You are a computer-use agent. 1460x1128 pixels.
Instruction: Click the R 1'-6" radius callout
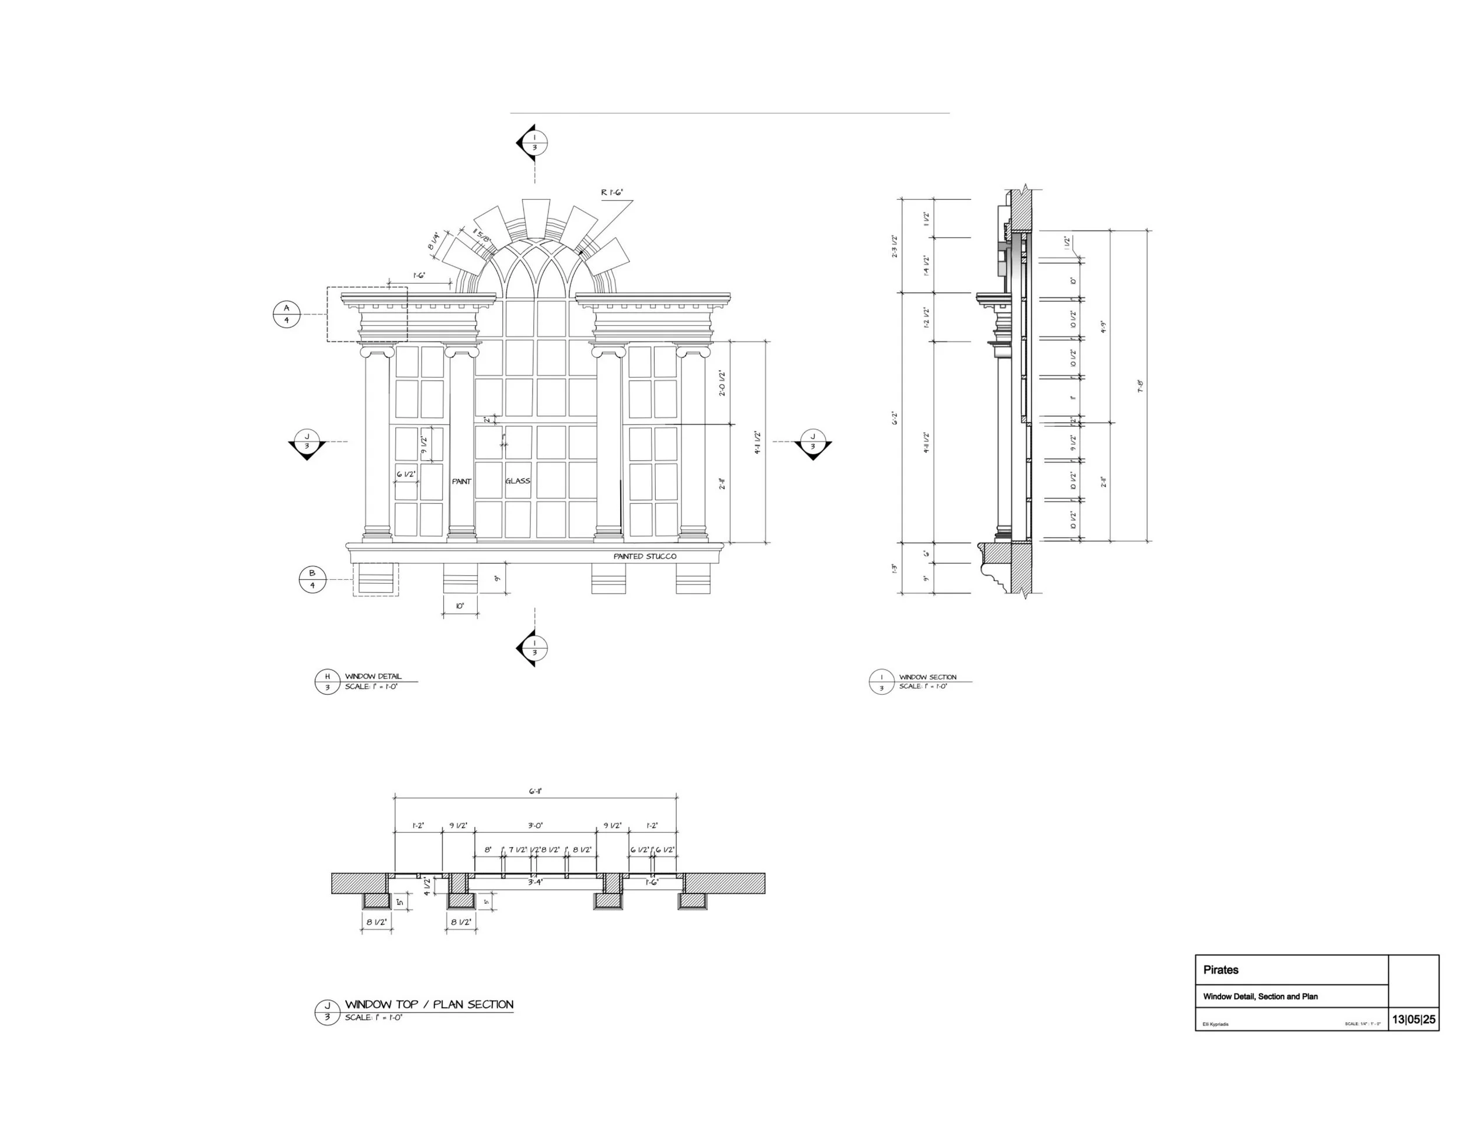tap(611, 193)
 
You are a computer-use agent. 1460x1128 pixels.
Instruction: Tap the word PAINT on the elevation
tap(461, 481)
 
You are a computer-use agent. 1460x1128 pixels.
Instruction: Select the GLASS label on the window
tap(517, 481)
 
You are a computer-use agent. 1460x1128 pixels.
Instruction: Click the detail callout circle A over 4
tap(287, 314)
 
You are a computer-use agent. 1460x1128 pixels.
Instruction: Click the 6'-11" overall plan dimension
tap(536, 791)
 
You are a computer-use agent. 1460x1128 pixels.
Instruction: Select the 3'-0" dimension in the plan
tap(535, 826)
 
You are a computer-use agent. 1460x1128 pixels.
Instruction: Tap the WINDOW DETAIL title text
tap(373, 676)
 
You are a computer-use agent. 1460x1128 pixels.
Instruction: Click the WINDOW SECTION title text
tap(927, 677)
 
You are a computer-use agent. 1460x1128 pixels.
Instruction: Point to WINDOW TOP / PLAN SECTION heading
tap(429, 1004)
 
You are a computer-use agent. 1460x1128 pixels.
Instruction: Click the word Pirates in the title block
tap(1221, 970)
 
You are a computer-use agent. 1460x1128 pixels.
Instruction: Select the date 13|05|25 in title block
tap(1414, 1020)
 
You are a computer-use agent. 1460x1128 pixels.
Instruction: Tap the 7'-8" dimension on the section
tap(1141, 387)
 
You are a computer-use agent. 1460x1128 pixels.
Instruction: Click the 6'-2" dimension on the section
tap(895, 418)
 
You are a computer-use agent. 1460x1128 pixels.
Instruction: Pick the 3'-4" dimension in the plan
tap(535, 882)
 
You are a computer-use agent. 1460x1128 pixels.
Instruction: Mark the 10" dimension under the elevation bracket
tap(460, 606)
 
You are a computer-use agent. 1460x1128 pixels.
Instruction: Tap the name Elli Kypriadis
tap(1215, 1023)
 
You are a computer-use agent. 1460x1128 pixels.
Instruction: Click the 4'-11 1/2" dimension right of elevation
tap(757, 443)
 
